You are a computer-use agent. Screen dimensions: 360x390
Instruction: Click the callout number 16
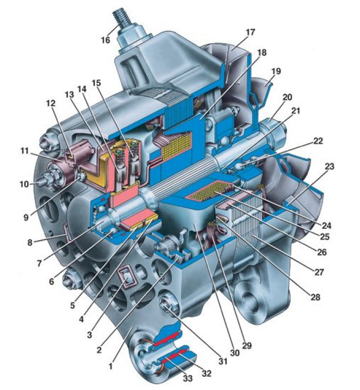pos(105,40)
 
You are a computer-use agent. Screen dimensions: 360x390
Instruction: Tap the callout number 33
pos(188,378)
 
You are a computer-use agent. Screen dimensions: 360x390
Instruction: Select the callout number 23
pos(330,167)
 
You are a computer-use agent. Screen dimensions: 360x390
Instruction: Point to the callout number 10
pos(24,184)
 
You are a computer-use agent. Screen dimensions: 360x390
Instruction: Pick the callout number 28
pos(315,297)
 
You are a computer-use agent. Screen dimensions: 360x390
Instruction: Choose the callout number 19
pos(276,72)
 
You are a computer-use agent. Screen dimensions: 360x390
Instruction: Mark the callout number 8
pos(30,243)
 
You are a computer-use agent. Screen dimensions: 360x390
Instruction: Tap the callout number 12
pos(51,103)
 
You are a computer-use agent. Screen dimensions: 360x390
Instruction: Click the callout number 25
pos(324,237)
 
